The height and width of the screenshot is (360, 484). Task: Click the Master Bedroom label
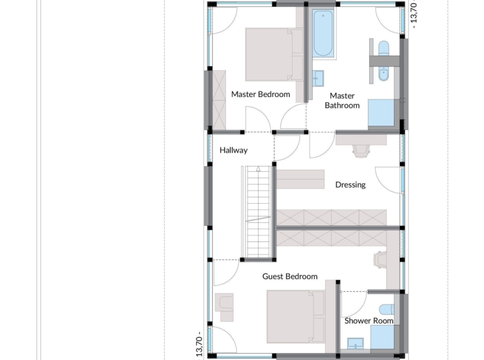click(261, 94)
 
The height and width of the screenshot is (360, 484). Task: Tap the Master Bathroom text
click(342, 101)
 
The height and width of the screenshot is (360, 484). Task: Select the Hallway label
click(233, 151)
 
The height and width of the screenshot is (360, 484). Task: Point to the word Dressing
click(351, 184)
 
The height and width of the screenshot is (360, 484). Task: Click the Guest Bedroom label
click(290, 276)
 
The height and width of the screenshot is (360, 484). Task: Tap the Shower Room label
click(369, 321)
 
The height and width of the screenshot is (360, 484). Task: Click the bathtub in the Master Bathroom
click(323, 33)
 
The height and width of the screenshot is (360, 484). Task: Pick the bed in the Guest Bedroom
click(296, 316)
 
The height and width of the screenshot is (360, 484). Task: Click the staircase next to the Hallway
click(258, 213)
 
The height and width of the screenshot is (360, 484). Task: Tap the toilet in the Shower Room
click(386, 309)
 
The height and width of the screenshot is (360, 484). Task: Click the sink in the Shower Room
click(355, 343)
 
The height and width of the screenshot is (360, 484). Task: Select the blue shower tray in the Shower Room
click(382, 337)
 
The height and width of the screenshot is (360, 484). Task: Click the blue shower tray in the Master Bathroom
click(381, 112)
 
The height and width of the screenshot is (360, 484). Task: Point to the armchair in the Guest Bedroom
click(224, 307)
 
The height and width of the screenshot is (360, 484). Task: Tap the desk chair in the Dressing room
click(361, 151)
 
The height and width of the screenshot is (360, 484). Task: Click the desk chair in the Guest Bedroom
click(380, 260)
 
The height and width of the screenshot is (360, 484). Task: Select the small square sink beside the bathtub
click(318, 79)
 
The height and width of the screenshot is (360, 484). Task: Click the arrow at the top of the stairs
click(258, 169)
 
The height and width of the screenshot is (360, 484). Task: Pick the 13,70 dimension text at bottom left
click(199, 345)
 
